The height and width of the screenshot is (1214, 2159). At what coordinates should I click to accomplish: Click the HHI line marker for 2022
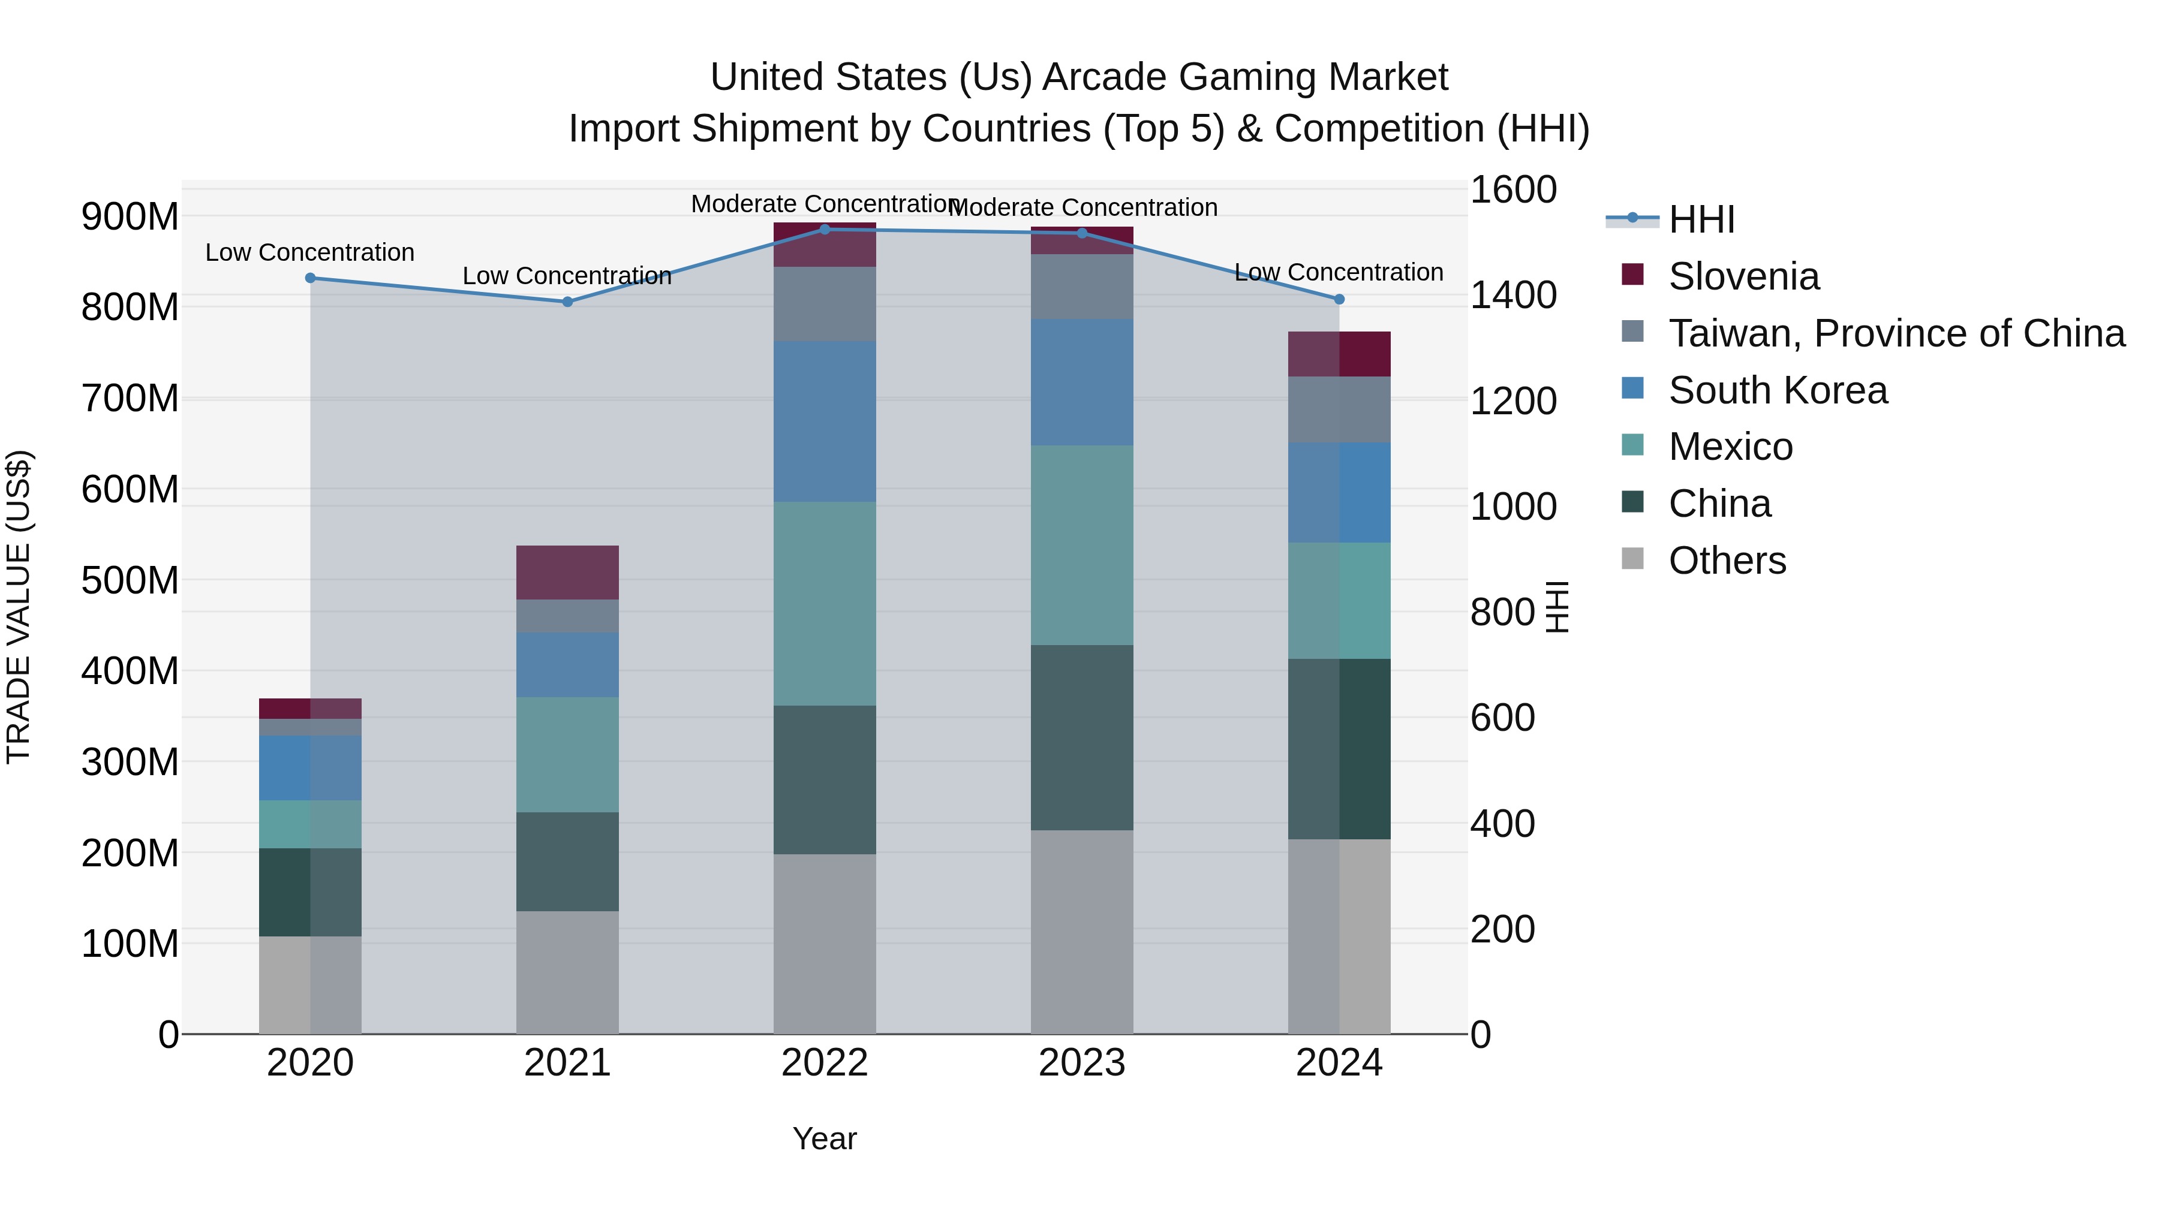[x=824, y=229]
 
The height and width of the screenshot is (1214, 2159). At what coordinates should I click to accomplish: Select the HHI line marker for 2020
[x=310, y=278]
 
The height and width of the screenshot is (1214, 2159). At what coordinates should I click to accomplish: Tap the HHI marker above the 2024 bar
[x=1339, y=299]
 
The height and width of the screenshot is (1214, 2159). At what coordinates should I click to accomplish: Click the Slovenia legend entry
[x=1743, y=276]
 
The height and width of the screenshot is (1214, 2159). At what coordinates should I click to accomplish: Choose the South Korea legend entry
[x=1777, y=390]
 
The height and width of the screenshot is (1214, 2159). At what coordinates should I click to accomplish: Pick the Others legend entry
[x=1727, y=561]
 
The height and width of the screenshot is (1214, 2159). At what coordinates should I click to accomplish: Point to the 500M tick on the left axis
[x=130, y=580]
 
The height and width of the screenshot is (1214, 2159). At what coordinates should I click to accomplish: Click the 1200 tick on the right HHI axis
[x=1513, y=400]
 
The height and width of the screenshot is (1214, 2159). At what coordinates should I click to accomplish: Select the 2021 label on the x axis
[x=567, y=1063]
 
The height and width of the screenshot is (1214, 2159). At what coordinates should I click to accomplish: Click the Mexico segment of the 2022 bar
[x=824, y=603]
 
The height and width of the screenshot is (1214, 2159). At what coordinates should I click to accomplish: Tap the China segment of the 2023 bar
[x=1081, y=737]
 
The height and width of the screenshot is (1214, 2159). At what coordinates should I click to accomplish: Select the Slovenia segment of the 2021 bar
[x=567, y=573]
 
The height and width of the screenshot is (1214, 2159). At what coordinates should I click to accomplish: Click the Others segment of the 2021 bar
[x=567, y=972]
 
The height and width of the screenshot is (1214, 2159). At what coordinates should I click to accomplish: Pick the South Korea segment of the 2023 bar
[x=1081, y=382]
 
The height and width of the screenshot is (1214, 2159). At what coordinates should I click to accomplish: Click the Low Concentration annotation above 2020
[x=310, y=252]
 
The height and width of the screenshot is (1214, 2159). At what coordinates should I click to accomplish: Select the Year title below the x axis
[x=824, y=1138]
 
